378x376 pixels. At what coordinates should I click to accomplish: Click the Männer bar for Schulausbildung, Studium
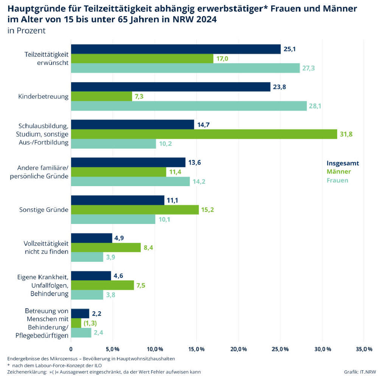click(x=204, y=134)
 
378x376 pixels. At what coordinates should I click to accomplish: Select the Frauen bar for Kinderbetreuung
click(x=189, y=106)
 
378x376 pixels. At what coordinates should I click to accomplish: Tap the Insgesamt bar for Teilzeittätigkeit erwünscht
click(x=176, y=49)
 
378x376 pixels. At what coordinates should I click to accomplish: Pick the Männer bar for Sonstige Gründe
click(x=135, y=210)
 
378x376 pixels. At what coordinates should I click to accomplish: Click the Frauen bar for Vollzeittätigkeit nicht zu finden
click(x=87, y=257)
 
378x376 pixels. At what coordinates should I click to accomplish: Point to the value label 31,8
click(x=347, y=134)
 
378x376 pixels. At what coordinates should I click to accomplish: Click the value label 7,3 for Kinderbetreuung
click(x=138, y=96)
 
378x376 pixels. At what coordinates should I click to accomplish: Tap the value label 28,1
click(x=315, y=106)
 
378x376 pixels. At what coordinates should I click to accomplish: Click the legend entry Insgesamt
click(x=343, y=163)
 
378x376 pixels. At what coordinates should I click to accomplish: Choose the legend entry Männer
click(x=339, y=172)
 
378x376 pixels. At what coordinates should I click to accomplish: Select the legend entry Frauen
click(x=338, y=180)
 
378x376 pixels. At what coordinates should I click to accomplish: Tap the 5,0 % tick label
click(x=113, y=348)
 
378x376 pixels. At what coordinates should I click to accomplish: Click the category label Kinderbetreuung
click(x=43, y=96)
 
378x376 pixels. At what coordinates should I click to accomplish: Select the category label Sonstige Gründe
click(x=44, y=210)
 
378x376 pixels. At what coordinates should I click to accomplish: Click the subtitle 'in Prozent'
click(x=26, y=31)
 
